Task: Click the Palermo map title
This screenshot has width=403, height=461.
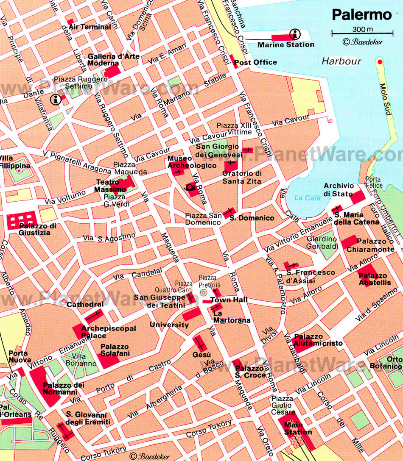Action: tap(361, 14)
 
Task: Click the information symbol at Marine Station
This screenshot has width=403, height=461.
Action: tap(294, 34)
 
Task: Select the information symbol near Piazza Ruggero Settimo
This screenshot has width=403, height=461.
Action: tap(55, 100)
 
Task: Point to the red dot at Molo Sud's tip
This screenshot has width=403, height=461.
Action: tap(380, 62)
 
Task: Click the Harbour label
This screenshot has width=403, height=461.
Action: tap(341, 61)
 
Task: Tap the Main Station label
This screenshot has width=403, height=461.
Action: tap(298, 429)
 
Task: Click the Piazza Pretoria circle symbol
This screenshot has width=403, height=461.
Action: tap(203, 292)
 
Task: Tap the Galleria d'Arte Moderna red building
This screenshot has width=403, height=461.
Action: tap(112, 71)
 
